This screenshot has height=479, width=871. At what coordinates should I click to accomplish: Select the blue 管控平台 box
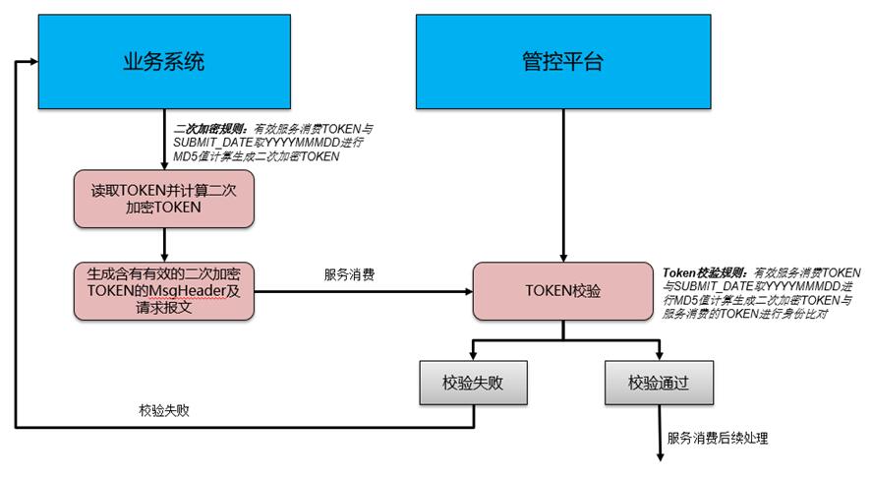tap(561, 61)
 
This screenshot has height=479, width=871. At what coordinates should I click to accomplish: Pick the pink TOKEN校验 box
tap(561, 291)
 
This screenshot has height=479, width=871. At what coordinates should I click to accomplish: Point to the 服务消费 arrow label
tap(349, 275)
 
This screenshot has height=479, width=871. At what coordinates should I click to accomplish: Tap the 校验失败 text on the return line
tap(164, 410)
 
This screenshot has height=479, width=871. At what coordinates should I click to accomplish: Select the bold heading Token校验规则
tap(704, 271)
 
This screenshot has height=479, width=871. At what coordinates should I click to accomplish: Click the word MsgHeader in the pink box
tap(185, 291)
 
